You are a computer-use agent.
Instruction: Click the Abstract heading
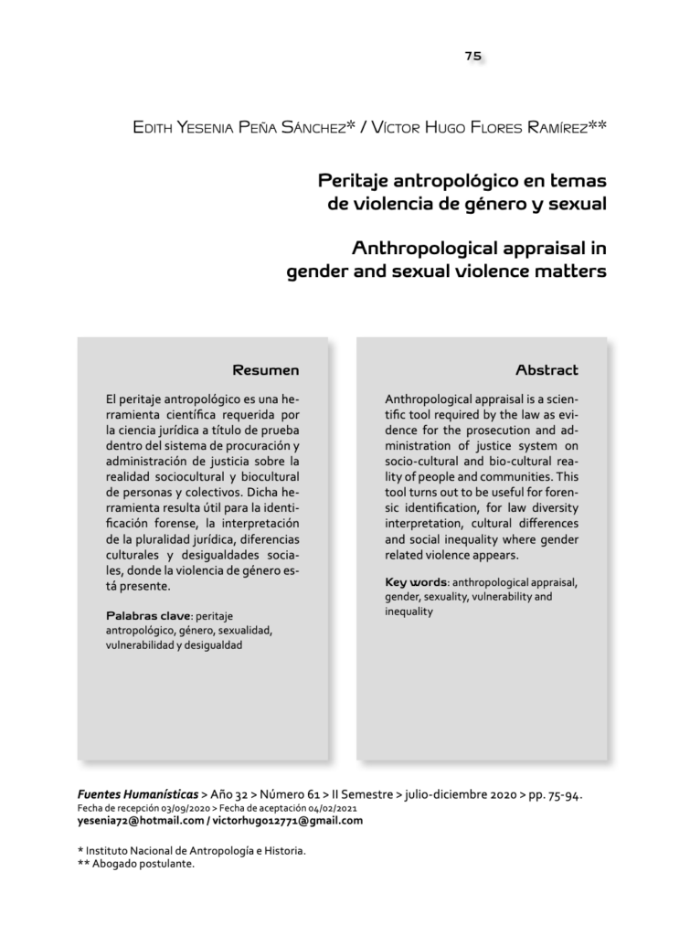[x=547, y=370]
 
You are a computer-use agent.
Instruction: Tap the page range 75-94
[x=564, y=794]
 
